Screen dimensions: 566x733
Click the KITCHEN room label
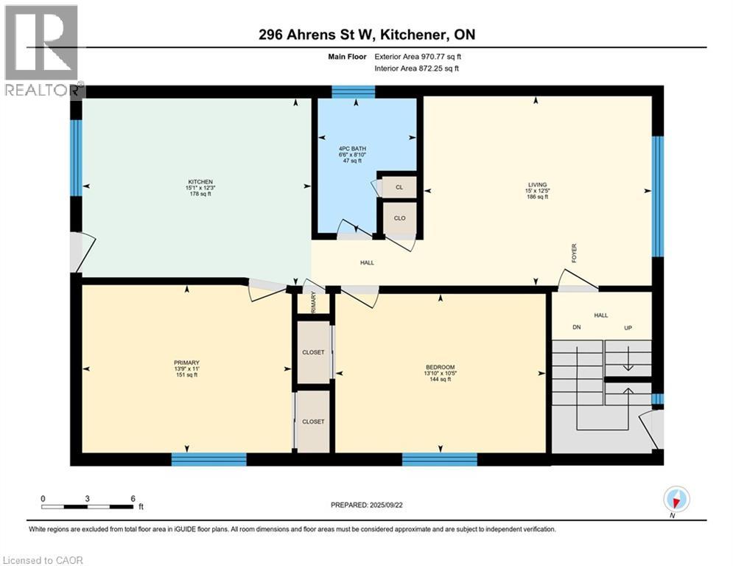click(200, 181)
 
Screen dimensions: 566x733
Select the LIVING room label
click(536, 184)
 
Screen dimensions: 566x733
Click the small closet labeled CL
click(399, 187)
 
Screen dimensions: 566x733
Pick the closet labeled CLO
click(399, 218)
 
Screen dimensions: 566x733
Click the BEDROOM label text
click(440, 367)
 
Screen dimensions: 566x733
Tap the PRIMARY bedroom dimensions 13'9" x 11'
click(186, 368)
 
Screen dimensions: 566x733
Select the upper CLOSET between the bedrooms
click(313, 352)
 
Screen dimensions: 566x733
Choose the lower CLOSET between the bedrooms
click(313, 422)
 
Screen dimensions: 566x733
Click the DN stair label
click(576, 328)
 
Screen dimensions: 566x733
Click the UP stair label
click(628, 328)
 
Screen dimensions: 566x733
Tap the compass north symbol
click(676, 500)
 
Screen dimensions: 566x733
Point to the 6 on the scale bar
click(133, 498)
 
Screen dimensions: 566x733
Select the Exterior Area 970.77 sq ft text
click(418, 56)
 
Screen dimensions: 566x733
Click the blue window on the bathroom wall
click(353, 91)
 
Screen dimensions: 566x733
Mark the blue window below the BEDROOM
click(439, 459)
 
